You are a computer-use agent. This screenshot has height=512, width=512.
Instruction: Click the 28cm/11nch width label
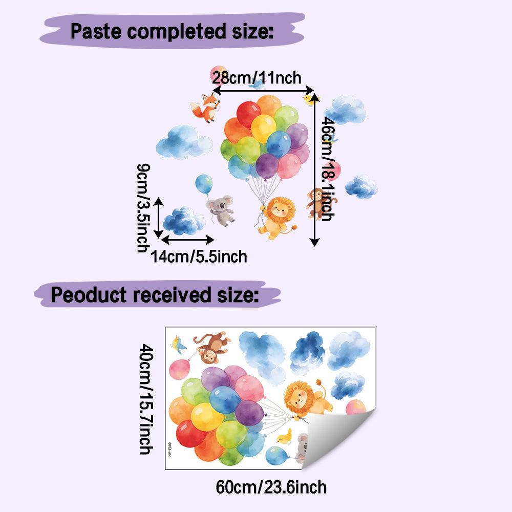[257, 78]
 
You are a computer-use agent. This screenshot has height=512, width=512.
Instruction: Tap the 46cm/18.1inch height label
[328, 169]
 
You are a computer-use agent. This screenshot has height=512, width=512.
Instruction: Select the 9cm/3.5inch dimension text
[143, 208]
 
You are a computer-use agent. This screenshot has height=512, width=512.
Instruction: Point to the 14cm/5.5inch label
[199, 257]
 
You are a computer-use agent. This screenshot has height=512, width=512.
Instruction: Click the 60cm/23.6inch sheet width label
[271, 487]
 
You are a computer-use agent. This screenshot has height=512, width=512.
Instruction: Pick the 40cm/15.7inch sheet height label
[146, 399]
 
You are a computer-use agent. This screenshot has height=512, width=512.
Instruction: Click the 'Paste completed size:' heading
[172, 31]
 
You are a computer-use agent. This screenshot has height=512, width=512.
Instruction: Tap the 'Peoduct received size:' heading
[155, 295]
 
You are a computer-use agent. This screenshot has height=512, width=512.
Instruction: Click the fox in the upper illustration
[205, 107]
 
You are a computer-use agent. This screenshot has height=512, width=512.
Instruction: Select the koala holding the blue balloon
[220, 210]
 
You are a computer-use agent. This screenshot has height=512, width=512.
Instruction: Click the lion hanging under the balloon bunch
[276, 217]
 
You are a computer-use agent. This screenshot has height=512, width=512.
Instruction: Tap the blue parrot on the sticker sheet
[178, 344]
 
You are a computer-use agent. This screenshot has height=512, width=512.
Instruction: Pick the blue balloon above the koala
[204, 184]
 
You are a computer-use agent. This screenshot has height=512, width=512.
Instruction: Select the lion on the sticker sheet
[306, 397]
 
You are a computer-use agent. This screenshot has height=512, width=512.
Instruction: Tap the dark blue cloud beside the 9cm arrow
[183, 221]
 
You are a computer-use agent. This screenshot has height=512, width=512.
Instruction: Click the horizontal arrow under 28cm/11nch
[263, 90]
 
